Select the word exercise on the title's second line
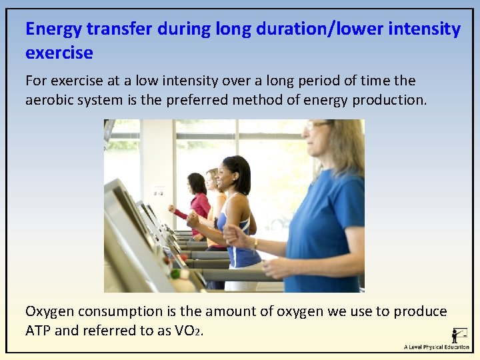click(x=59, y=52)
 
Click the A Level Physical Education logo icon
click(x=459, y=335)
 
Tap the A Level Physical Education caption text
click(x=436, y=347)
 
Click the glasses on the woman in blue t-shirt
click(x=315, y=125)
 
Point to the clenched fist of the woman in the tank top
click(x=193, y=218)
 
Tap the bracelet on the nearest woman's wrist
click(x=255, y=244)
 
